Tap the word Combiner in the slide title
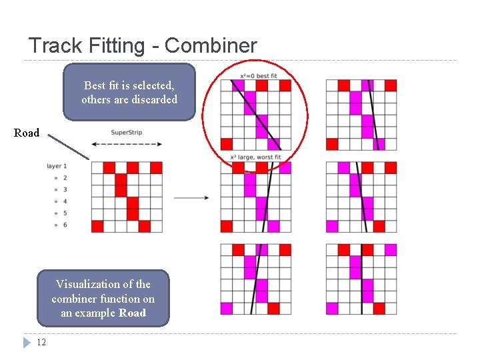211,46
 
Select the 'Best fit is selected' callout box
129,92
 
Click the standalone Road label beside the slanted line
27,133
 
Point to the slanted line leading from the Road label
69,146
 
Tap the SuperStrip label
127,133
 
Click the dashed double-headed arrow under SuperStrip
127,144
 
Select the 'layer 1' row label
57,166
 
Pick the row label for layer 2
65,178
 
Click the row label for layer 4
65,201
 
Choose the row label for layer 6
65,225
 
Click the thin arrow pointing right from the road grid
191,197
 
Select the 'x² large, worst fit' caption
255,157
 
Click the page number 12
41,343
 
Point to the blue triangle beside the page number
27,343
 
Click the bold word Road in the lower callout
132,313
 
